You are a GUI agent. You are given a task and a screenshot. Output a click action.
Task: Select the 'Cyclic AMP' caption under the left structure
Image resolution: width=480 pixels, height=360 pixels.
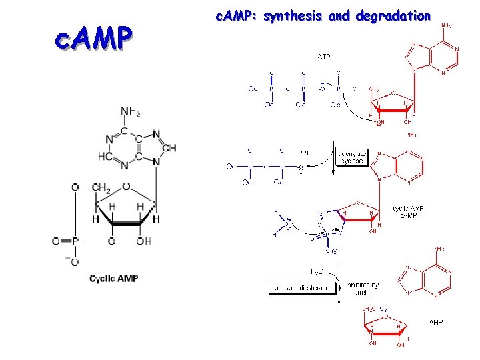[x=114, y=278]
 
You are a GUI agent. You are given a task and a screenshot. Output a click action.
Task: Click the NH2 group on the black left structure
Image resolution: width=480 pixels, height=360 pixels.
[x=130, y=111]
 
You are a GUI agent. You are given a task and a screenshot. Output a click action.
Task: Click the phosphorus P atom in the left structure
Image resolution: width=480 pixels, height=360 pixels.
[x=75, y=241]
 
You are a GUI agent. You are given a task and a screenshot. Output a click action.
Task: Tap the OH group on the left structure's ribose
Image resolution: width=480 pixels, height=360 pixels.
[x=145, y=241]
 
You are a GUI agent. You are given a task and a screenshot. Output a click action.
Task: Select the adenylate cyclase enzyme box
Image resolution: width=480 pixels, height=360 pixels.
[x=352, y=155]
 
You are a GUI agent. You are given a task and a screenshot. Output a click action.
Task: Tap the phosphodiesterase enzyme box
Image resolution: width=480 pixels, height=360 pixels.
[x=300, y=288]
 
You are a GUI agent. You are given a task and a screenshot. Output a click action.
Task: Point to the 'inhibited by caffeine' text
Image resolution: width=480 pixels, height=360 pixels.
[x=363, y=288]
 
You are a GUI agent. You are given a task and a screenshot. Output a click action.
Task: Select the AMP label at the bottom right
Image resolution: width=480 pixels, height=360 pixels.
[x=435, y=322]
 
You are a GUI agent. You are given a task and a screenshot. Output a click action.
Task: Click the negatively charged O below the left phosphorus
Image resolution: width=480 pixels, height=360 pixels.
[x=74, y=261]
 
